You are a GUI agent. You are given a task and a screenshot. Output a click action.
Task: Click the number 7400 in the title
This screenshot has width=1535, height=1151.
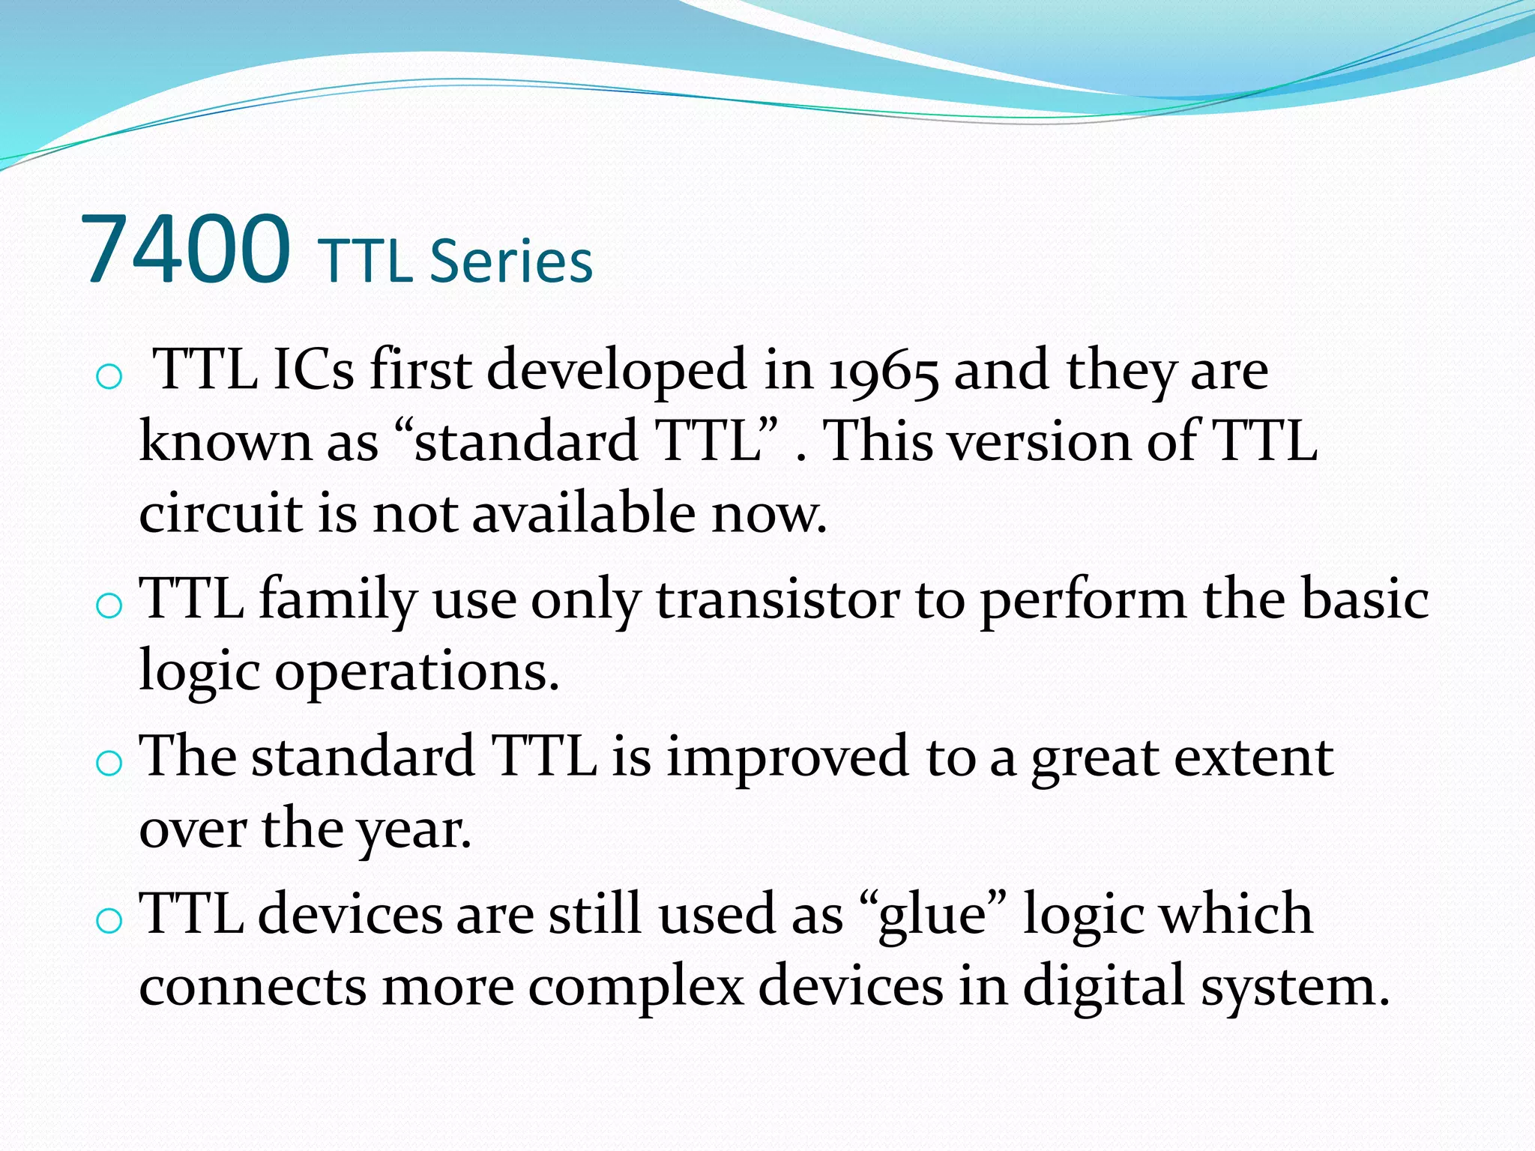point(185,250)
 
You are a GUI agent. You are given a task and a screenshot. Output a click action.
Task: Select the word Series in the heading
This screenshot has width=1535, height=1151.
point(511,262)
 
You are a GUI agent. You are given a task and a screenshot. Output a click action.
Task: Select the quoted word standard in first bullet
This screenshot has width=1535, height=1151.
point(525,441)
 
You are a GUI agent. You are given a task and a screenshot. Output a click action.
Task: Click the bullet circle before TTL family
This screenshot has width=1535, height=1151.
point(109,605)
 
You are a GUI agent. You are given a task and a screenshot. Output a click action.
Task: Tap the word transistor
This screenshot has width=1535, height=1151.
point(777,600)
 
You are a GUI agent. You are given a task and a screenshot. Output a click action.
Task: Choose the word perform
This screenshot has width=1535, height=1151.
point(1083,602)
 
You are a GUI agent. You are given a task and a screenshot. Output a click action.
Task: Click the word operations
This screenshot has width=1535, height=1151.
point(417,672)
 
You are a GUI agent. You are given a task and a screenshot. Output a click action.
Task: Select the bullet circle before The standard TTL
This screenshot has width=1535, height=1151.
point(109,763)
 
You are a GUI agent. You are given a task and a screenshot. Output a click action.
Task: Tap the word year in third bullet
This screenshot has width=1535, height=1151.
point(413,831)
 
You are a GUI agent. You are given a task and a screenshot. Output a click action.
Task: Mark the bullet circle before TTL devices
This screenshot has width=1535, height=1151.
point(109,921)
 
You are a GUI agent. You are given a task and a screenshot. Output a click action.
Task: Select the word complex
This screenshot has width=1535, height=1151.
point(636,986)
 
